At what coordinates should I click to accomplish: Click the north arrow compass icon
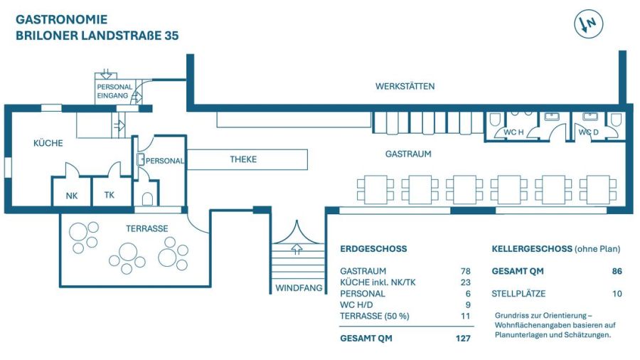[588, 24]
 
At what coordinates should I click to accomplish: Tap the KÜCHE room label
[48, 143]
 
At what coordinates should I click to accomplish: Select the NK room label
[72, 196]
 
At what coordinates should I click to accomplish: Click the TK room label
[109, 196]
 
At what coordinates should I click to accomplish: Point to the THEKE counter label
[243, 159]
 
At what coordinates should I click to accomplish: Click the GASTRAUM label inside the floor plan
[408, 154]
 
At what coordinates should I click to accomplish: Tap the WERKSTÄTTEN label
[405, 87]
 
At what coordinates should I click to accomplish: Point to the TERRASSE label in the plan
[146, 228]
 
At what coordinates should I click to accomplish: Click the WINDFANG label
[299, 288]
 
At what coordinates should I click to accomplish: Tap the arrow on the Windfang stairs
[297, 249]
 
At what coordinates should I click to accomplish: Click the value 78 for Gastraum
[465, 271]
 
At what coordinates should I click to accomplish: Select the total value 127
[463, 338]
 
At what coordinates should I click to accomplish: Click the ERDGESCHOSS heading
[373, 249]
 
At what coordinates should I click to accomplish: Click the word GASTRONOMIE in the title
[61, 19]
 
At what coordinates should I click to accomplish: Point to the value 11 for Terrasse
[466, 315]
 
